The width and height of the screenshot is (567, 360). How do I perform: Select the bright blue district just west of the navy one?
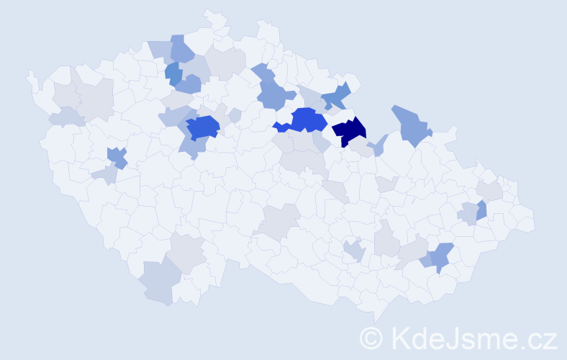pyautogui.click(x=308, y=119)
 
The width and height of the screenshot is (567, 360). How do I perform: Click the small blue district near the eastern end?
pyautogui.click(x=481, y=210)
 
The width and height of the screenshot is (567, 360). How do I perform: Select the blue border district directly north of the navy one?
pyautogui.click(x=336, y=96)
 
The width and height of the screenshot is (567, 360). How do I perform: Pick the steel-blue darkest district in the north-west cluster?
pyautogui.click(x=172, y=71)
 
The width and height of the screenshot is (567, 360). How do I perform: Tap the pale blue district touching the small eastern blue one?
pyautogui.click(x=468, y=213)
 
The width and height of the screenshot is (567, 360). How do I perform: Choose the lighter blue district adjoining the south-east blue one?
pyautogui.click(x=425, y=260)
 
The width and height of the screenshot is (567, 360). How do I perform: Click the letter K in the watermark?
pyautogui.click(x=398, y=338)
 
